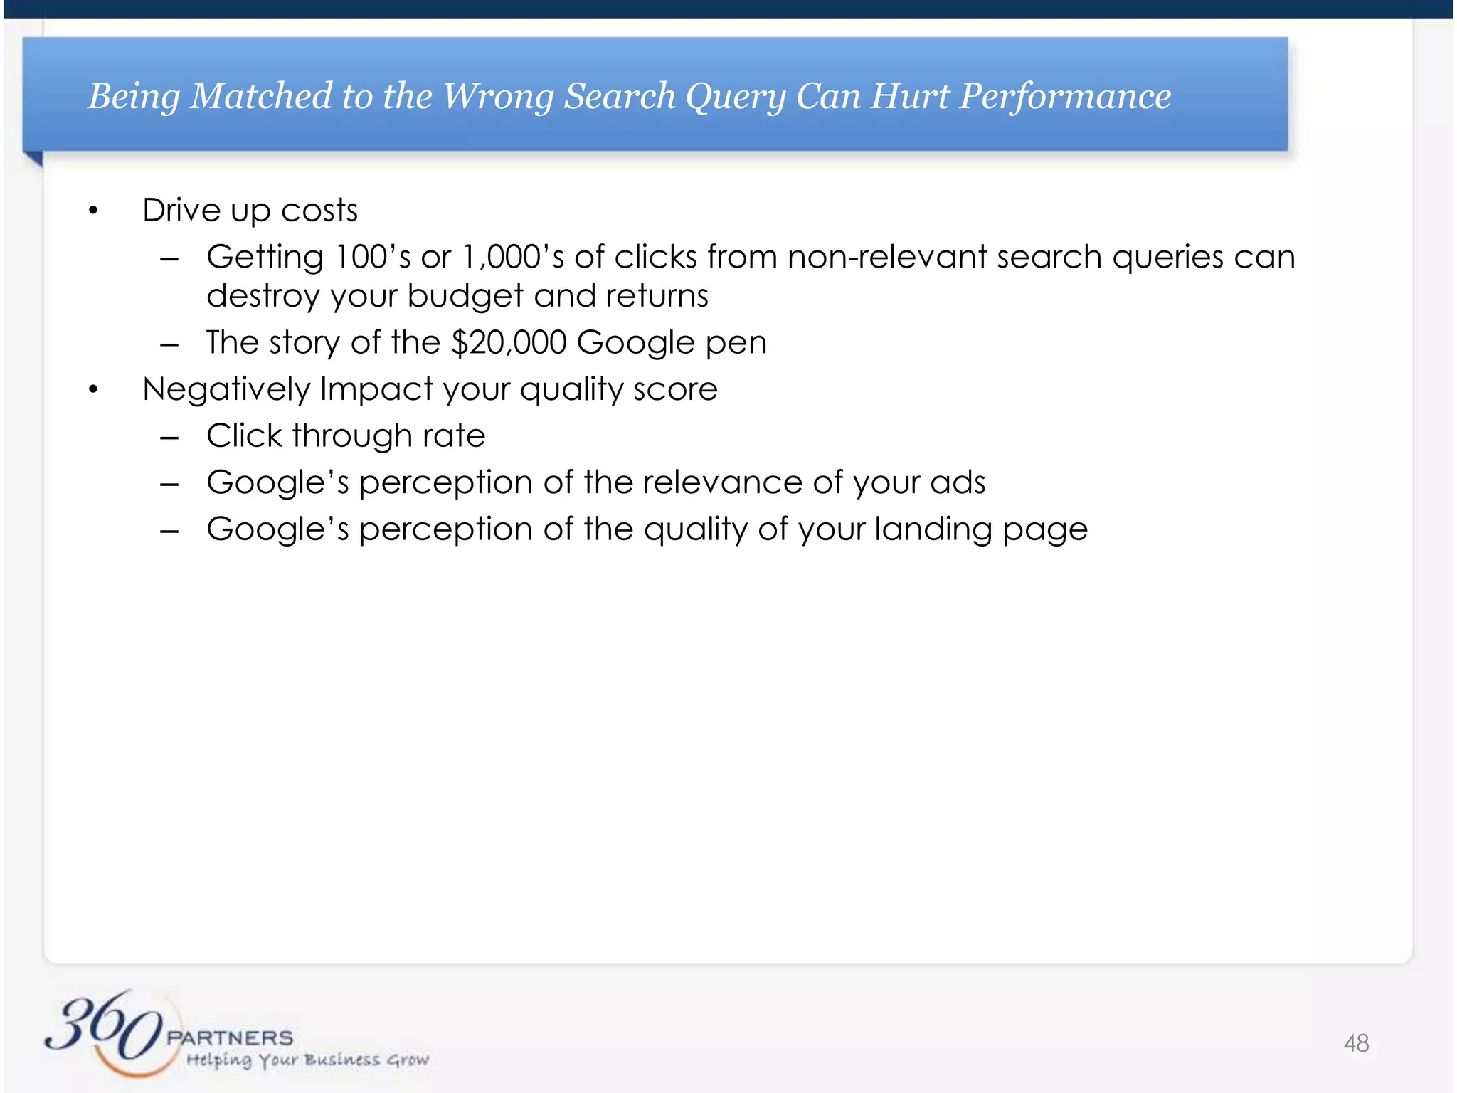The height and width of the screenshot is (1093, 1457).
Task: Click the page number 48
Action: pyautogui.click(x=1356, y=1043)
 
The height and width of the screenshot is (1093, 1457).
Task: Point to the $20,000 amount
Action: pyautogui.click(x=509, y=343)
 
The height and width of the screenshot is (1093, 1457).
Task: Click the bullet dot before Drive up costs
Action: pyautogui.click(x=92, y=211)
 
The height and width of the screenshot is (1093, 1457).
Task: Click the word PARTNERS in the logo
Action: pyautogui.click(x=230, y=1037)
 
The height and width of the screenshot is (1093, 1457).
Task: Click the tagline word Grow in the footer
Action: pyautogui.click(x=408, y=1060)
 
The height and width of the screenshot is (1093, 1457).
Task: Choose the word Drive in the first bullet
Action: pyautogui.click(x=181, y=211)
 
